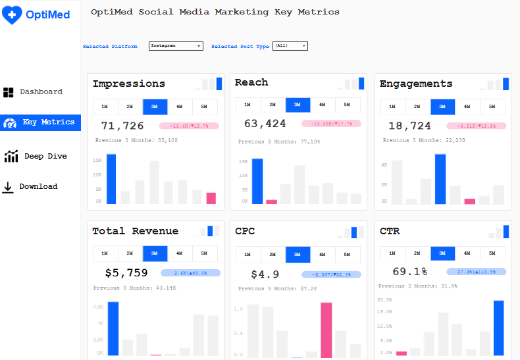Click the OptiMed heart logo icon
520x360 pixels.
click(x=13, y=14)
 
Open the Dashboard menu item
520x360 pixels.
click(x=33, y=92)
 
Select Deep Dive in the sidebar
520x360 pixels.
click(x=36, y=157)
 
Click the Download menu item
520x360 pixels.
click(x=30, y=187)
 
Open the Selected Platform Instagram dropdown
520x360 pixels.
click(x=176, y=46)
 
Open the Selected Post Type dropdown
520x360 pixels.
click(x=290, y=46)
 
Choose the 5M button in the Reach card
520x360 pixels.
click(x=347, y=105)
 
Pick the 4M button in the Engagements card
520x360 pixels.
click(x=467, y=107)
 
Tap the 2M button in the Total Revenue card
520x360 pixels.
click(x=130, y=253)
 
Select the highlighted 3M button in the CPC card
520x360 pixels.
click(x=298, y=254)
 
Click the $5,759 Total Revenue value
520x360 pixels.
click(x=126, y=272)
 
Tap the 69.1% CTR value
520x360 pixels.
click(x=410, y=271)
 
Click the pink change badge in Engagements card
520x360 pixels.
click(x=476, y=126)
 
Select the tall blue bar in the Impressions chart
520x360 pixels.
click(x=111, y=179)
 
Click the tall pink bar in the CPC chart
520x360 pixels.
click(x=326, y=330)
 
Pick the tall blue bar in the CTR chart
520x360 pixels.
click(x=498, y=328)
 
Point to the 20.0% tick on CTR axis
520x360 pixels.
click(x=385, y=299)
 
